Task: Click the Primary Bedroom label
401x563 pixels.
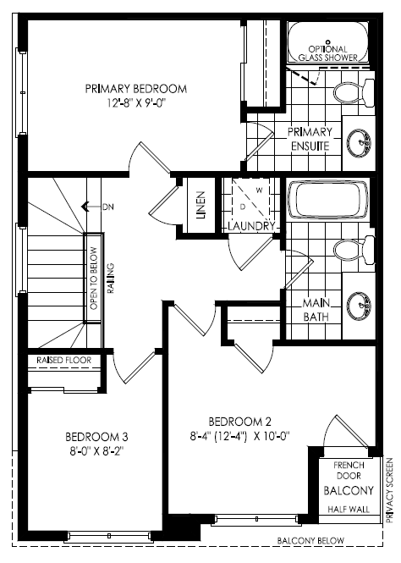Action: click(136, 89)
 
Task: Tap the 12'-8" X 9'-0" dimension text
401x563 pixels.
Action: click(137, 103)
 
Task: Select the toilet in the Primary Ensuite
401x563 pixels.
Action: click(354, 92)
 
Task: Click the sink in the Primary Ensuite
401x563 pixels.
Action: click(359, 143)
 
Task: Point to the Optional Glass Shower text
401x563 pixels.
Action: click(328, 53)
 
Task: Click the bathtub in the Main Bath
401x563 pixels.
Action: click(328, 200)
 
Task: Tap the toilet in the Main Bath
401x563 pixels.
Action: click(354, 250)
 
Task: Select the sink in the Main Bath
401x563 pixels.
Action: click(359, 306)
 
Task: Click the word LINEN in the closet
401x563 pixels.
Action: click(200, 205)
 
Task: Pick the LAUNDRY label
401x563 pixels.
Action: click(251, 226)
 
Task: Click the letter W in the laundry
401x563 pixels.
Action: click(259, 190)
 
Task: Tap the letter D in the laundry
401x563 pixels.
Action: click(243, 207)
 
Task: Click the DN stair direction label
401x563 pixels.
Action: click(108, 207)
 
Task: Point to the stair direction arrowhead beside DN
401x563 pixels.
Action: click(85, 207)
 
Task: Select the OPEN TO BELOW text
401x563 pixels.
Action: click(94, 279)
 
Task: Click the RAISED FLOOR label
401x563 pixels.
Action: click(63, 360)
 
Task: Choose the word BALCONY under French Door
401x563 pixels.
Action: click(349, 490)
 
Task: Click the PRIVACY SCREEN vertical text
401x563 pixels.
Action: click(390, 489)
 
